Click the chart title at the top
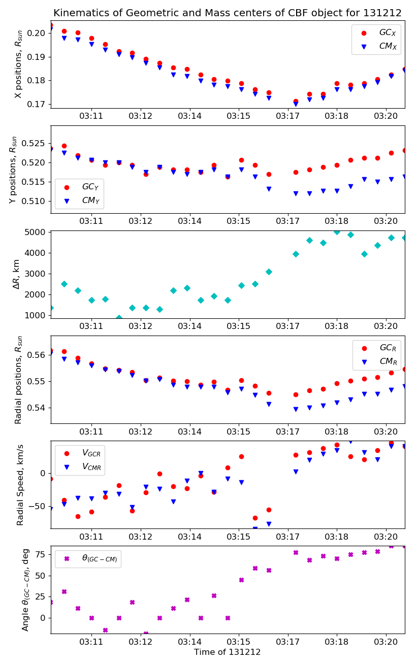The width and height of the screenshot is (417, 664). pyautogui.click(x=227, y=13)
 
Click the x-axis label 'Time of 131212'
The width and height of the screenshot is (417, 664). pyautogui.click(x=227, y=652)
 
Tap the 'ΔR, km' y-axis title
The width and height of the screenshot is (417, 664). pyautogui.click(x=16, y=275)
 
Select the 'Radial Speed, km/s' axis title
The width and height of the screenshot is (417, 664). pyautogui.click(x=20, y=485)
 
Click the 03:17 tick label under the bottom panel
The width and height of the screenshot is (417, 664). pyautogui.click(x=288, y=642)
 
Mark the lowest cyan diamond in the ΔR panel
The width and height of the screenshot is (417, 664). pyautogui.click(x=119, y=318)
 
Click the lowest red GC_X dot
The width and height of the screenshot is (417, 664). pyautogui.click(x=296, y=102)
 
